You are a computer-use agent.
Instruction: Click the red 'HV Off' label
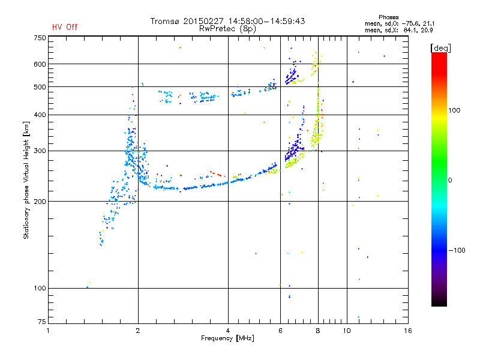coord(65,27)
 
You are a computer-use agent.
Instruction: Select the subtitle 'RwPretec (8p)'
coord(227,29)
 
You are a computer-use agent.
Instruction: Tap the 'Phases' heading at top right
coord(388,17)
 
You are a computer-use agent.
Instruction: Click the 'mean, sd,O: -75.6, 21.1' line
coord(400,23)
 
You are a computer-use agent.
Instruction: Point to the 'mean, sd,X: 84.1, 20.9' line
coord(399,30)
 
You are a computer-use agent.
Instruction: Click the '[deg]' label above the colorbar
coord(440,48)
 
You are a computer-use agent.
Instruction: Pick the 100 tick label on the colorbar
coord(454,110)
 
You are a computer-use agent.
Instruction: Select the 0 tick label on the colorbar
coord(450,180)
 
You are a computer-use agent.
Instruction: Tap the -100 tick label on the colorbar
coord(457,250)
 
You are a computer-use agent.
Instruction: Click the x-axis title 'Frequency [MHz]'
coord(227,338)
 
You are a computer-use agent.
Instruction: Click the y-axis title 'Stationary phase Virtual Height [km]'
coord(26,180)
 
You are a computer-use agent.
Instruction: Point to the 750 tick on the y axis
coord(40,38)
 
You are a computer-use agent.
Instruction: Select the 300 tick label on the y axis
coord(40,151)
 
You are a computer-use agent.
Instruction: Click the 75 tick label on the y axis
coord(42,322)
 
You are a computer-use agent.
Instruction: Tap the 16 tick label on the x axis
coord(408,331)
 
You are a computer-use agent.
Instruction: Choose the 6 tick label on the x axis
coord(280,331)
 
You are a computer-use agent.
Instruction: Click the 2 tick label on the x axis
coord(138,331)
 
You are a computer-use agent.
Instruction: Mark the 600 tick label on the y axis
coord(40,64)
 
